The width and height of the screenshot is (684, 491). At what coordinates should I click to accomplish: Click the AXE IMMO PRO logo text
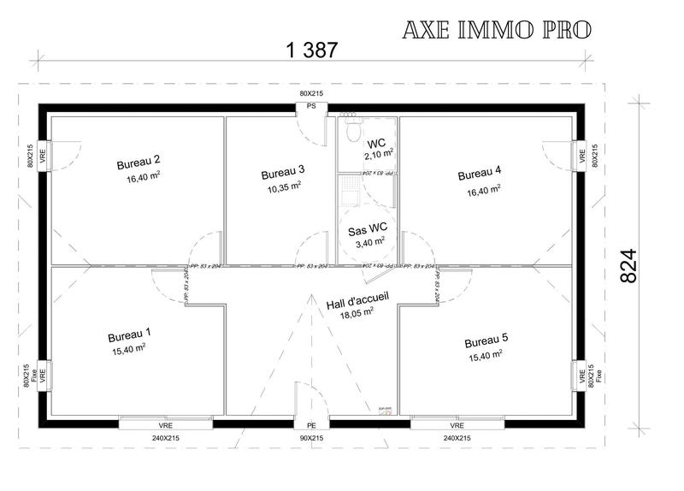(x=495, y=30)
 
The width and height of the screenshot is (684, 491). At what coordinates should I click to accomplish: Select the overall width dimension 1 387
(x=309, y=50)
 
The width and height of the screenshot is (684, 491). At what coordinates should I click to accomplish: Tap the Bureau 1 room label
(x=129, y=334)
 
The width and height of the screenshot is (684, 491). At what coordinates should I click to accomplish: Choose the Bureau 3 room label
(x=283, y=171)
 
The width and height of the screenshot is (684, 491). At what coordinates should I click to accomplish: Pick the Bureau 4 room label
(x=480, y=175)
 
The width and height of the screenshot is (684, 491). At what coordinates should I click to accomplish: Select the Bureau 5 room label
(x=486, y=340)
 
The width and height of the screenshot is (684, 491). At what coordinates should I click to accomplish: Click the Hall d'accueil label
(x=357, y=300)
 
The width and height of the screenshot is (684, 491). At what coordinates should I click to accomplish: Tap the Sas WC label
(x=368, y=229)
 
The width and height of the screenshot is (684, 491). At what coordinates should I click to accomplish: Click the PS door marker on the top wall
(x=311, y=107)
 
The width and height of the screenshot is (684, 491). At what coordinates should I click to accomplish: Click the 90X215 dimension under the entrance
(x=311, y=438)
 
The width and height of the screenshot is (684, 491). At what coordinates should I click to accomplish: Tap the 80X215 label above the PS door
(x=311, y=92)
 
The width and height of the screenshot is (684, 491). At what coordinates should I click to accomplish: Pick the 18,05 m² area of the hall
(x=358, y=313)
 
